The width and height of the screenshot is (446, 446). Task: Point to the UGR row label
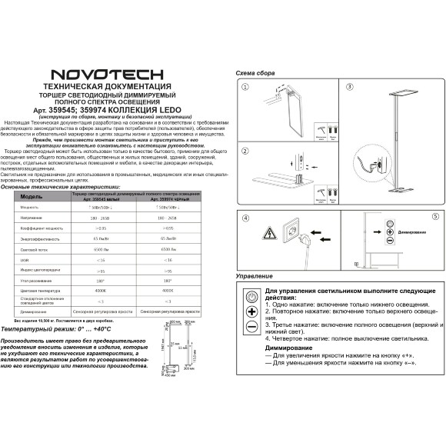pos(25,261)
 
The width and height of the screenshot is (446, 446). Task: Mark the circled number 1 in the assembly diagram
pos(245,88)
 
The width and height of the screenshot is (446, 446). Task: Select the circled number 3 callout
pos(348,88)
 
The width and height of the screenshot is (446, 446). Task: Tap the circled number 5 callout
pos(434,218)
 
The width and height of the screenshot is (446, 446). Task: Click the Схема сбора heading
pos(255,72)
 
